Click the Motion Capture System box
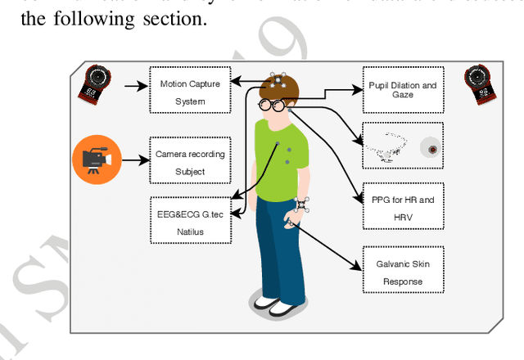point(190,90)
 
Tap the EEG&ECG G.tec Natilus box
point(190,220)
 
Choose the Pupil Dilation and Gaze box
point(403,90)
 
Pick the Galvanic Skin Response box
point(403,272)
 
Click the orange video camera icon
point(96,158)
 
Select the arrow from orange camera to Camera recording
point(134,158)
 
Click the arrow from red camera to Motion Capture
point(133,83)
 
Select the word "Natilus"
point(190,232)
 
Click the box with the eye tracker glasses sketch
point(403,146)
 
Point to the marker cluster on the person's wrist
point(302,204)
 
